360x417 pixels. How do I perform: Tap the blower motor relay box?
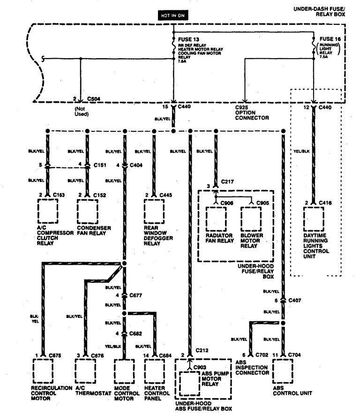pyautogui.click(x=252, y=218)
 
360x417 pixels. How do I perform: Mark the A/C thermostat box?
pyautogui.click(x=85, y=372)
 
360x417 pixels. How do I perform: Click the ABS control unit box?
pyautogui.click(x=283, y=372)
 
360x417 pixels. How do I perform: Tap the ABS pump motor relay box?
pyautogui.click(x=188, y=384)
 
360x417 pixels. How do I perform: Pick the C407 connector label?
pyautogui.click(x=295, y=299)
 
